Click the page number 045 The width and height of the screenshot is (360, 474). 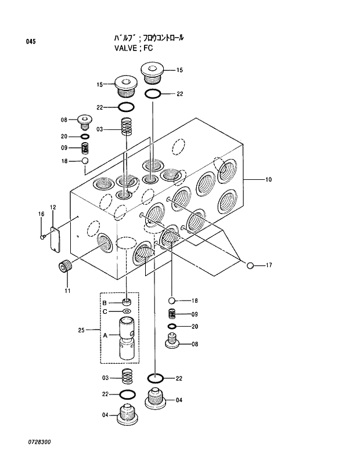click(x=31, y=41)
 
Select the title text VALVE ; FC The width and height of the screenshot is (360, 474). click(x=134, y=48)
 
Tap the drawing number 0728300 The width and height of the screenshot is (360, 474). click(x=39, y=442)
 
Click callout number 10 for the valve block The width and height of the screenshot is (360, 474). click(x=268, y=180)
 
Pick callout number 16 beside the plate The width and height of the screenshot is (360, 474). click(x=41, y=215)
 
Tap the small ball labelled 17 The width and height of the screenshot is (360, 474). click(x=250, y=266)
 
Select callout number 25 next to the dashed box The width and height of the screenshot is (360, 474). click(x=81, y=330)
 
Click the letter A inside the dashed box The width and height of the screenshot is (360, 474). click(x=105, y=335)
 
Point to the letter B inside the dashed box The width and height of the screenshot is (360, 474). click(x=105, y=303)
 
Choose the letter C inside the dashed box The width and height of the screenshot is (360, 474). click(x=105, y=312)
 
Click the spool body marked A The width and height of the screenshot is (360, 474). click(x=127, y=338)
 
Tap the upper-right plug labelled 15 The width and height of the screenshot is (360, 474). click(x=153, y=72)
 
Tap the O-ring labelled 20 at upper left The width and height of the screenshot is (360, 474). click(x=84, y=136)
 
